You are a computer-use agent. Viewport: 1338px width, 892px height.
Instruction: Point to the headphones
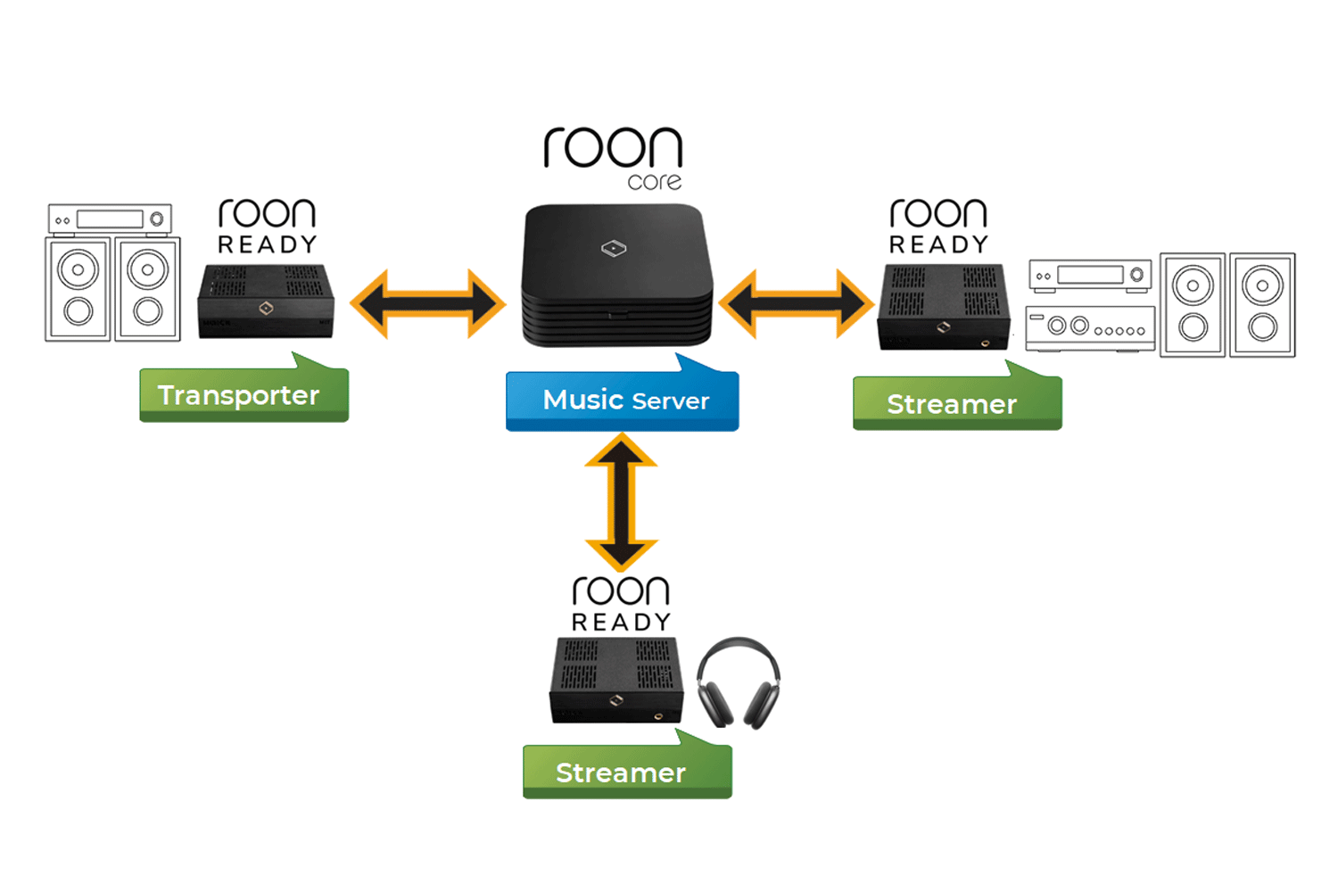(x=738, y=681)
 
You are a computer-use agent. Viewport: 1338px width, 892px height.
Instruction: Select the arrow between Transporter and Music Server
(x=427, y=304)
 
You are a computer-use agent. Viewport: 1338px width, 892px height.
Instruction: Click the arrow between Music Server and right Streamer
(x=796, y=304)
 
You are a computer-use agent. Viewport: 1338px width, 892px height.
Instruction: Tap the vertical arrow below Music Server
(x=622, y=501)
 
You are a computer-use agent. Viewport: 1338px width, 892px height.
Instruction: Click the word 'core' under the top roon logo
(x=655, y=182)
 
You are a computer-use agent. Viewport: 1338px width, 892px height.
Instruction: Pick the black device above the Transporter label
(x=266, y=301)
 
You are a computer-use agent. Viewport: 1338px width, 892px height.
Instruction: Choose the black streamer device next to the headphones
(x=615, y=680)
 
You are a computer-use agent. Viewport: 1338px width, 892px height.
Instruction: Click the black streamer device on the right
(x=944, y=306)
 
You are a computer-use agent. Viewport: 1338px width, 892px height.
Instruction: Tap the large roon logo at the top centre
(x=613, y=148)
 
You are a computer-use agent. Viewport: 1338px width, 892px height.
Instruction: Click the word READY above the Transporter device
(x=267, y=244)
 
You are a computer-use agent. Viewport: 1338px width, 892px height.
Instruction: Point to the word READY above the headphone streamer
(x=621, y=622)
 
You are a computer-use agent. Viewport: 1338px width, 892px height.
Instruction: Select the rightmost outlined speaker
(x=1262, y=305)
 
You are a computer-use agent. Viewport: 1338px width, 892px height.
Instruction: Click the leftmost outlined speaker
(x=78, y=289)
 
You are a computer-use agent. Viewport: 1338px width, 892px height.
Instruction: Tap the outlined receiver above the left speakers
(x=110, y=219)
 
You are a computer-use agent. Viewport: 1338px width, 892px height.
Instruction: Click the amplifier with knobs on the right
(x=1090, y=327)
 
